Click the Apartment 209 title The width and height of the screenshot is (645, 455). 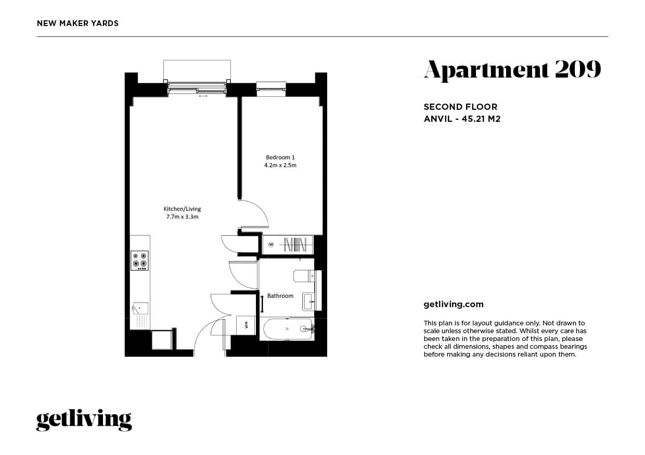pyautogui.click(x=512, y=70)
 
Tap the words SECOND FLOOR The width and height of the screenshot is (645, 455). pyautogui.click(x=460, y=107)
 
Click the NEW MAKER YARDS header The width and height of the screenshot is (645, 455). pyautogui.click(x=78, y=23)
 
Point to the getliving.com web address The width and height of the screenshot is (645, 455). pyautogui.click(x=454, y=305)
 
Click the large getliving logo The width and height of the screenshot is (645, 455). pyautogui.click(x=84, y=420)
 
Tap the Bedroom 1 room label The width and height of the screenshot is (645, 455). pyautogui.click(x=280, y=157)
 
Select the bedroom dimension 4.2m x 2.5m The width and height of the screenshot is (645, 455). pyautogui.click(x=280, y=166)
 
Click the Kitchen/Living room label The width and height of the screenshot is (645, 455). pyautogui.click(x=182, y=209)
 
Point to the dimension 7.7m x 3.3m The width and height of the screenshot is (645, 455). pyautogui.click(x=182, y=217)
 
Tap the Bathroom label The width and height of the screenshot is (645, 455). pyautogui.click(x=280, y=296)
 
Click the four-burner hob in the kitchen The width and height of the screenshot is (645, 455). pyautogui.click(x=139, y=260)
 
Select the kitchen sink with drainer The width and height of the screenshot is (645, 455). pyautogui.click(x=140, y=309)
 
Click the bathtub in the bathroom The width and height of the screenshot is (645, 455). pyautogui.click(x=287, y=328)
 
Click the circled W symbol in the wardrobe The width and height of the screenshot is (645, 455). pyautogui.click(x=271, y=244)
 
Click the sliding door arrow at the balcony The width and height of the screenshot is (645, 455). pyautogui.click(x=203, y=96)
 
